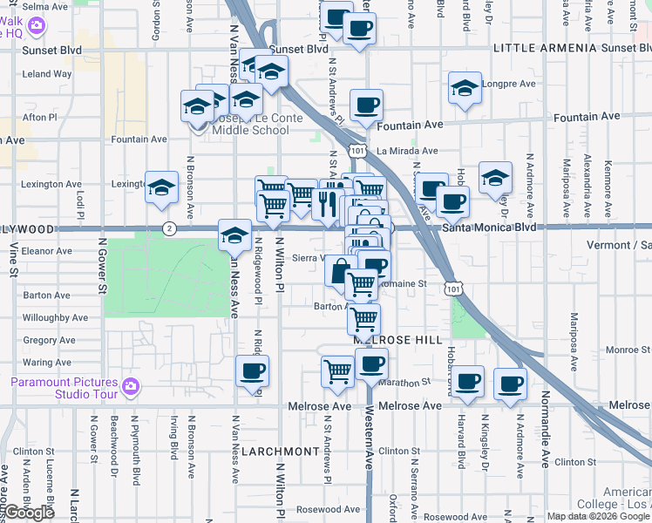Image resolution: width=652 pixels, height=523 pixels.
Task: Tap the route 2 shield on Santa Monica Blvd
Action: (x=168, y=228)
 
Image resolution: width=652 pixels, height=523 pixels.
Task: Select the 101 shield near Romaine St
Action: (x=451, y=287)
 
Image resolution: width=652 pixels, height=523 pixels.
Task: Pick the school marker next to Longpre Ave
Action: (x=465, y=88)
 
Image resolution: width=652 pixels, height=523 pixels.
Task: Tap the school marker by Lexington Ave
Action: (x=161, y=187)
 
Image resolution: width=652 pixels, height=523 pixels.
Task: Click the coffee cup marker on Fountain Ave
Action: (x=366, y=105)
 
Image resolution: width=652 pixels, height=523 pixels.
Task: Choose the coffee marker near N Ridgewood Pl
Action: (x=253, y=370)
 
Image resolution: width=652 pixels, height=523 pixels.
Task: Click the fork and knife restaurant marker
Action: (x=328, y=203)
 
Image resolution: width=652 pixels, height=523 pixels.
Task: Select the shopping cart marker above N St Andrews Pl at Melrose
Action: (x=337, y=370)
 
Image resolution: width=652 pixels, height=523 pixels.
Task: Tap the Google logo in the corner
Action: (x=30, y=513)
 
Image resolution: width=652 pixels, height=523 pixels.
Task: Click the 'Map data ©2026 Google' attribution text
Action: (x=597, y=516)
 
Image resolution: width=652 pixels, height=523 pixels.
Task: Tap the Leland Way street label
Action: (x=47, y=74)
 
